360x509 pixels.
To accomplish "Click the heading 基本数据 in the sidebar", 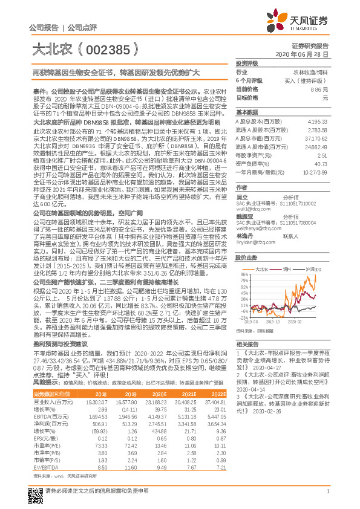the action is point(246,113).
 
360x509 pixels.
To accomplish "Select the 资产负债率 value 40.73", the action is point(322,163).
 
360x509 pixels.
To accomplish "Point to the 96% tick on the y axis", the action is point(242,274).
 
